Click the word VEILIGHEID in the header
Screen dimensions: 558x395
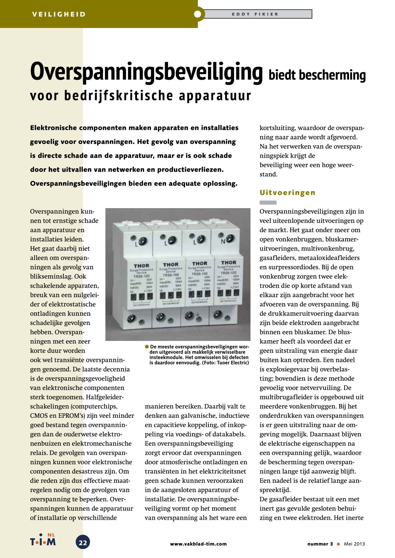pos(59,15)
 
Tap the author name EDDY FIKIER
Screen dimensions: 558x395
pos(255,14)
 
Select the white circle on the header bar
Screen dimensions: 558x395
pos(197,14)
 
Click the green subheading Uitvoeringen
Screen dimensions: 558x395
pos(287,192)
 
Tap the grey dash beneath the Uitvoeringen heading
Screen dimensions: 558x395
pos(268,203)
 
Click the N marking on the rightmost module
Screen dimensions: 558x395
pos(223,241)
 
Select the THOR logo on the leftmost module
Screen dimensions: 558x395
pos(141,266)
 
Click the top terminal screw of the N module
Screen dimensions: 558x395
pos(230,237)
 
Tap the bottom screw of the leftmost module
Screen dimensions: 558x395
pos(131,319)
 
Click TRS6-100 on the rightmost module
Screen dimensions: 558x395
pos(228,273)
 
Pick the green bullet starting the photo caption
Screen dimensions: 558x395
pos(147,347)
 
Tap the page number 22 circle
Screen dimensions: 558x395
pos(83,543)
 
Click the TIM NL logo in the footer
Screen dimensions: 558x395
pos(43,540)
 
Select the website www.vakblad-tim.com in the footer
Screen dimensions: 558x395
pos(198,544)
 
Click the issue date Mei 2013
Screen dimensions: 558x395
pos(354,544)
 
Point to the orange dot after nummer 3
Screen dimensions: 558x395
pos(338,544)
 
